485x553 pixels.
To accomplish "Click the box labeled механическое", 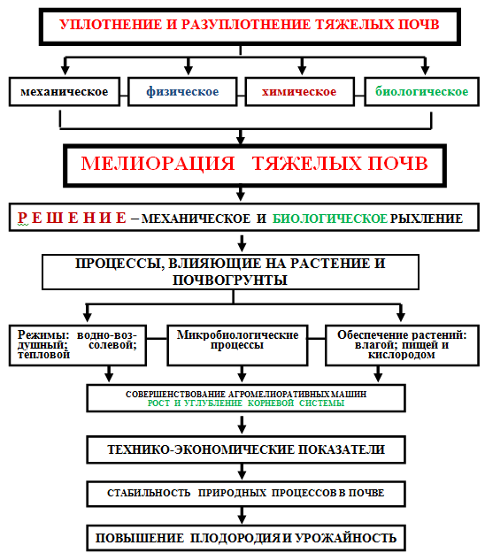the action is [x=65, y=92].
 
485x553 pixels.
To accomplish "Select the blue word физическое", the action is [x=182, y=92].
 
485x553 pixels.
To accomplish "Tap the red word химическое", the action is [x=299, y=92].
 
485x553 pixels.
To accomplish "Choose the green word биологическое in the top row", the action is [x=421, y=92].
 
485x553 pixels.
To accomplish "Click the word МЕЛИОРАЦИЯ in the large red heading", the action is [x=158, y=164].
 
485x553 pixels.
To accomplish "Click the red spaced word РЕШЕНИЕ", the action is [x=72, y=218].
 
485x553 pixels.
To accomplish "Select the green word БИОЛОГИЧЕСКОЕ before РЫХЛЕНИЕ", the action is [x=330, y=219].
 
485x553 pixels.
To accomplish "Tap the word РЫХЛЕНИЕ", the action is [x=427, y=219].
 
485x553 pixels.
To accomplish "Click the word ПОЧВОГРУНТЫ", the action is [x=230, y=280].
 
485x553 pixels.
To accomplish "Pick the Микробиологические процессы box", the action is [x=237, y=345].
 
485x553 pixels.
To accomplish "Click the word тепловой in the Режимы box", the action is [x=43, y=355].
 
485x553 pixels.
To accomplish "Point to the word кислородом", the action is [x=402, y=355].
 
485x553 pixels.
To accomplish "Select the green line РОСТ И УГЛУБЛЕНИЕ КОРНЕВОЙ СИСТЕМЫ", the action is [x=246, y=403].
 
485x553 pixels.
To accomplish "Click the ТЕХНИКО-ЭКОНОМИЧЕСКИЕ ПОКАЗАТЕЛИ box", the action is [x=246, y=449].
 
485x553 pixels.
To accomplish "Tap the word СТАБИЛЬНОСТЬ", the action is [x=149, y=493].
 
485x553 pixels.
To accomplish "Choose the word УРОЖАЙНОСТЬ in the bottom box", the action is [x=346, y=538].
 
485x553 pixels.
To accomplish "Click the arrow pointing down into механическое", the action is [x=65, y=66].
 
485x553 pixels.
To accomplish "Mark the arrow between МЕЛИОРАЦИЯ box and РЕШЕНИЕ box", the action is [x=241, y=194].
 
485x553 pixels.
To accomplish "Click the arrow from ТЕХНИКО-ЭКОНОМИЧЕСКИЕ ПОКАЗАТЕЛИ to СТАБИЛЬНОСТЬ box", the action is [x=242, y=472].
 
